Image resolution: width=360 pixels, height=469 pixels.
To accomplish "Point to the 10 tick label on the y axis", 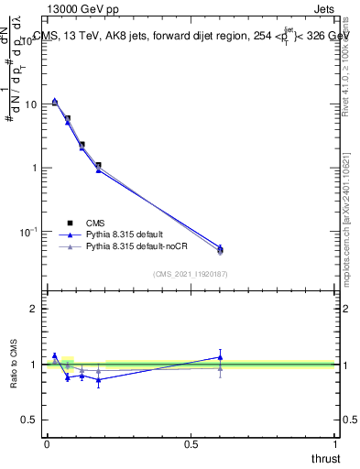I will pyautogui.click(x=30, y=104).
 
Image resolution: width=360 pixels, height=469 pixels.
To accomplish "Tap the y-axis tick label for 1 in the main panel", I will pyautogui.click(x=34, y=168).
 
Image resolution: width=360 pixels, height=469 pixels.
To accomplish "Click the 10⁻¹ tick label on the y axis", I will pyautogui.click(x=29, y=231).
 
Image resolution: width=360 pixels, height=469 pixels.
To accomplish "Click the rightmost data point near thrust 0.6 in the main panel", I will pyautogui.click(x=220, y=249).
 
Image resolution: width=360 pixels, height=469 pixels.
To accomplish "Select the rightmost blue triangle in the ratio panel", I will pyautogui.click(x=220, y=357).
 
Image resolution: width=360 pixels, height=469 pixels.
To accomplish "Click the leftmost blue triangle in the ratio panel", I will pyautogui.click(x=54, y=355).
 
